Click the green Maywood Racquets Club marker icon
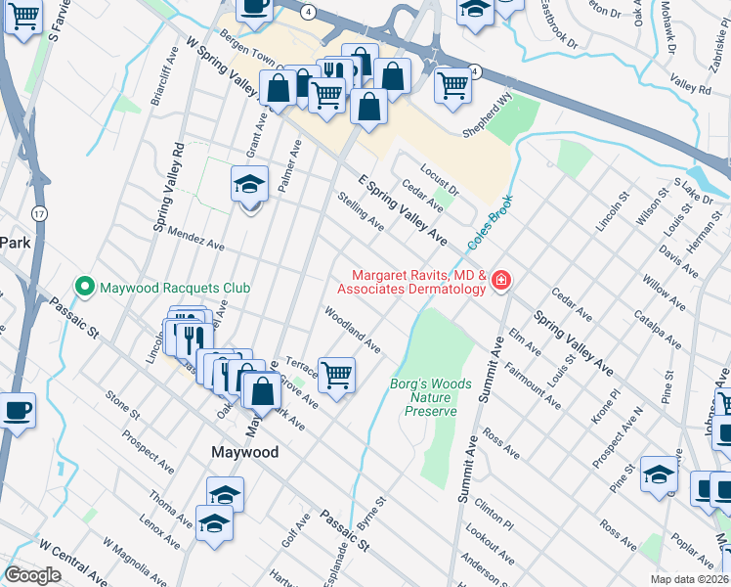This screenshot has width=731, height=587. (x=84, y=288)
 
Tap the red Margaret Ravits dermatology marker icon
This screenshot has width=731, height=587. (x=500, y=281)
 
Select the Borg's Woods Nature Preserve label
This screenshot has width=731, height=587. (x=431, y=398)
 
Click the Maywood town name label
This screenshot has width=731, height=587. (x=245, y=452)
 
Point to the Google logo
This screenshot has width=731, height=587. (x=32, y=575)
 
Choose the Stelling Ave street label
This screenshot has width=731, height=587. (x=360, y=210)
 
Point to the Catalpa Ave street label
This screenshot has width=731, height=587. (x=657, y=331)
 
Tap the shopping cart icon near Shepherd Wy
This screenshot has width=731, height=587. (x=452, y=86)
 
